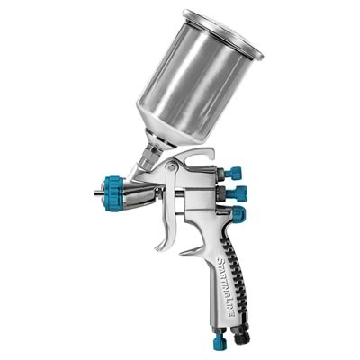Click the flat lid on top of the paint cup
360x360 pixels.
(222, 33)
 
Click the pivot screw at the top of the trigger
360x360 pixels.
(172, 166)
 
